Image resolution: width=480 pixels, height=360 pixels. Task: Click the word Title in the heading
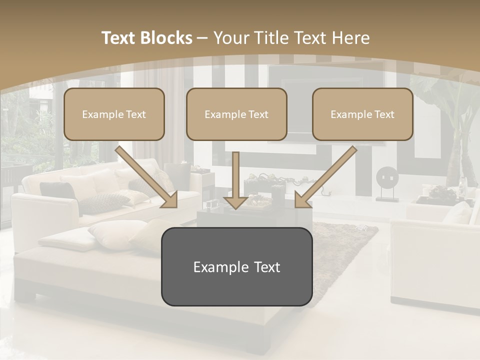pyautogui.click(x=267, y=38)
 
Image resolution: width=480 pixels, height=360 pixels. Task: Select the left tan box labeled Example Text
pyautogui.click(x=114, y=114)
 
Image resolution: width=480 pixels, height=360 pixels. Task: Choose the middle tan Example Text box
pyautogui.click(x=236, y=114)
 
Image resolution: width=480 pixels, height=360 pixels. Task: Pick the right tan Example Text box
pyautogui.click(x=362, y=114)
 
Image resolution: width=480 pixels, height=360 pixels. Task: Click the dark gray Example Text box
pyautogui.click(x=236, y=266)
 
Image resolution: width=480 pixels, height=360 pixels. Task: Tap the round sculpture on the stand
pyautogui.click(x=387, y=177)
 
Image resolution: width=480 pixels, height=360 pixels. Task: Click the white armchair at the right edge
pyautogui.click(x=435, y=260)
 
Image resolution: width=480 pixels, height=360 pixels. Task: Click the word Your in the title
pyautogui.click(x=231, y=38)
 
